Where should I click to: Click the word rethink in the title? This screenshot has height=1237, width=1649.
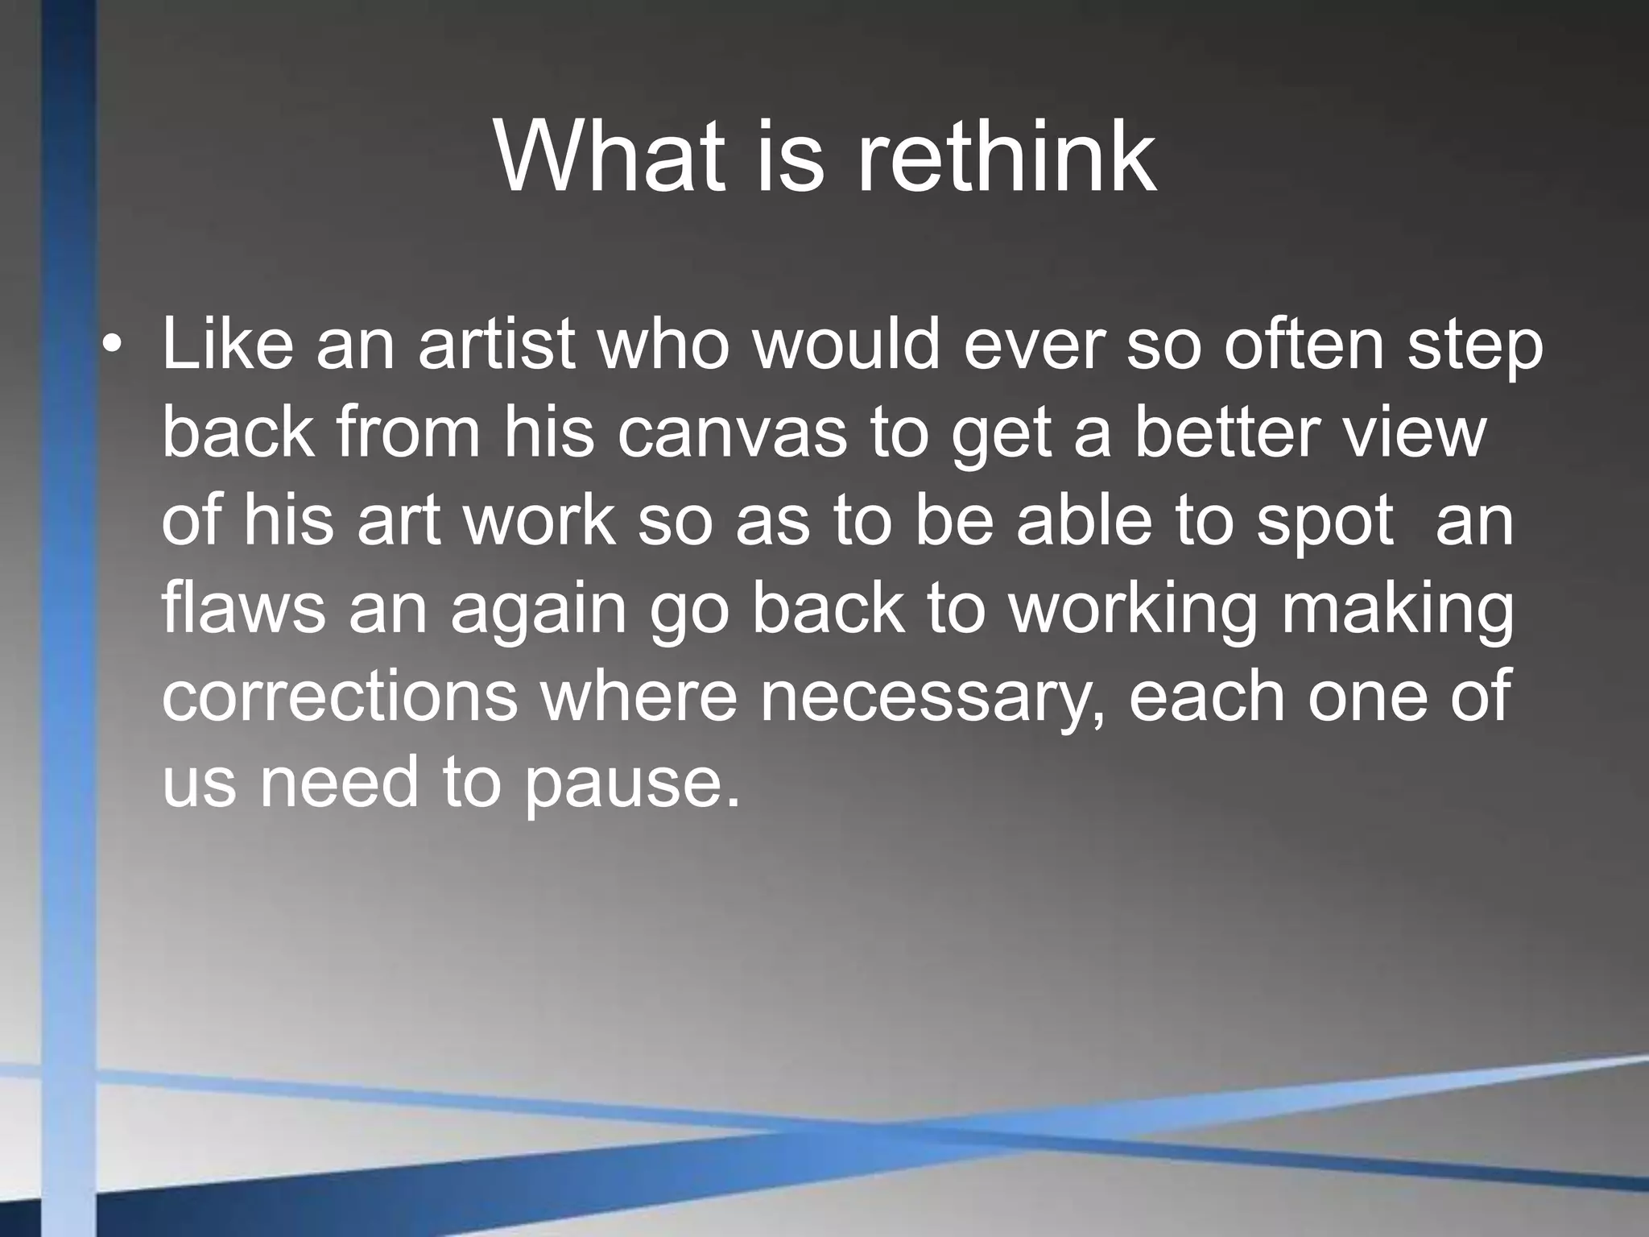click(1006, 157)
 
